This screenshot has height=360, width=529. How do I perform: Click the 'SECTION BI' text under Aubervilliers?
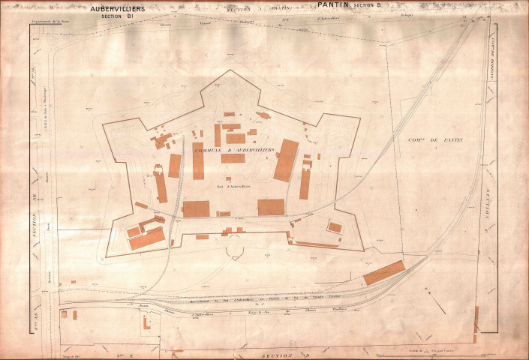click(x=119, y=16)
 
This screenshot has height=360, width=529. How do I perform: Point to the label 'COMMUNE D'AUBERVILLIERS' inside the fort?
click(x=234, y=151)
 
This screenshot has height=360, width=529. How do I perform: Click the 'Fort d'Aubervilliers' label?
click(x=233, y=186)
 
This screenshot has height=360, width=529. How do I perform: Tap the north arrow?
click(x=434, y=298)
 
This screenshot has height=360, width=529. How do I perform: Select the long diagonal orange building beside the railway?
click(x=384, y=272)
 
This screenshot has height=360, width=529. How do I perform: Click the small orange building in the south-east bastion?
click(x=335, y=227)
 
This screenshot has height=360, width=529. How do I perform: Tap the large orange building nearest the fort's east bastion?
click(x=286, y=160)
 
